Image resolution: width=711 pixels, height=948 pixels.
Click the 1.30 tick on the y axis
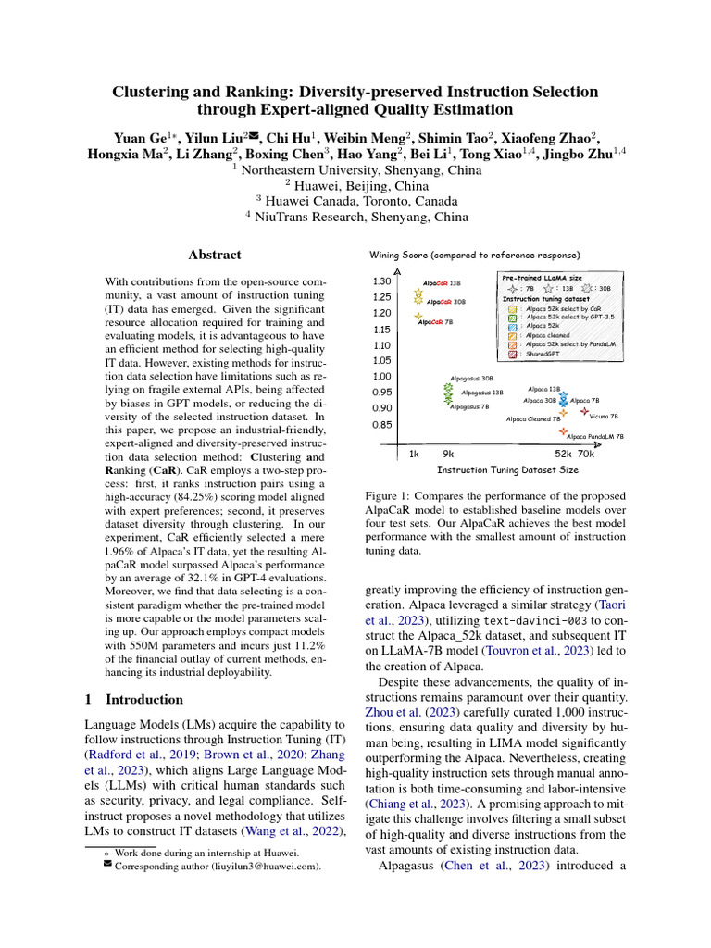tap(381, 281)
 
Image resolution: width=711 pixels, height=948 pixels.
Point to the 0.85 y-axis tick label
tap(381, 425)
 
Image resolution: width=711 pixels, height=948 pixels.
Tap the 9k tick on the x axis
tap(448, 455)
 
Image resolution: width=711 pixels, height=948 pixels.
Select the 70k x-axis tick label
tap(585, 455)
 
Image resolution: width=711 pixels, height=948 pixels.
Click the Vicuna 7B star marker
tap(584, 409)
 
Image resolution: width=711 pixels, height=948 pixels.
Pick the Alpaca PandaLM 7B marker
tap(562, 431)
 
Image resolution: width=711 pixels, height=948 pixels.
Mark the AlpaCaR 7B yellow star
tap(418, 316)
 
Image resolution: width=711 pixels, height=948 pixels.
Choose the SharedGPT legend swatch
tap(512, 354)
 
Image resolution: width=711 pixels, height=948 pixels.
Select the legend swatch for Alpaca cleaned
tap(512, 335)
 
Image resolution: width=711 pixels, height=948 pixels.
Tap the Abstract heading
tap(215, 255)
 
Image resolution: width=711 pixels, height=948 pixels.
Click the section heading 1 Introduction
tap(134, 700)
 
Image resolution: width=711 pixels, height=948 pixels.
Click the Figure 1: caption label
tap(392, 497)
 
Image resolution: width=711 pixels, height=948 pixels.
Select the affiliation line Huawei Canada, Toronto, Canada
tap(355, 201)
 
